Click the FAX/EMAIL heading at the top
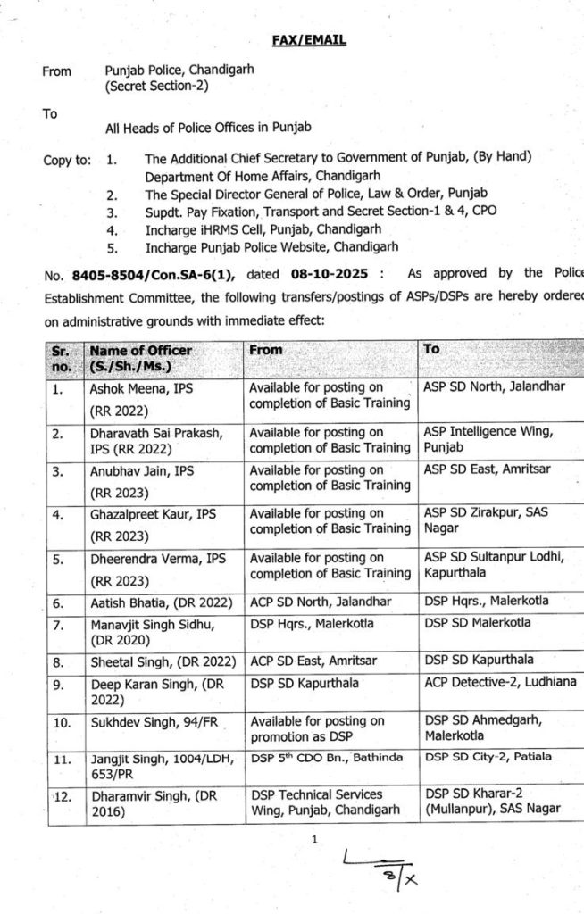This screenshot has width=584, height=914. point(309,40)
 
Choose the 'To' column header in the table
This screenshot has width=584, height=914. point(432,350)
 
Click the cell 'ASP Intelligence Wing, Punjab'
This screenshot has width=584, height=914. point(488,440)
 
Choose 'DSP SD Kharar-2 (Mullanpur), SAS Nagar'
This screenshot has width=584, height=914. point(492,801)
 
